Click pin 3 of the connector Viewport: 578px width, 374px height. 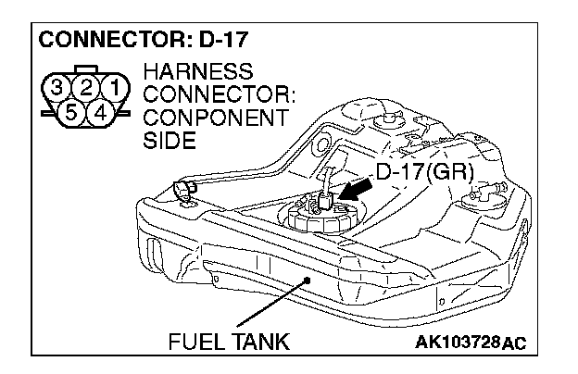coord(57,90)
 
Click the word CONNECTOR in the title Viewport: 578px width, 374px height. coord(98,42)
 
